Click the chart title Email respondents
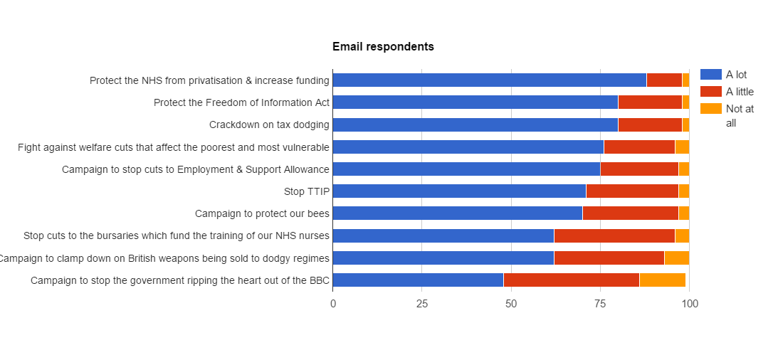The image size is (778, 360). [x=383, y=47]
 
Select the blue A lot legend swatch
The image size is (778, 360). [x=710, y=75]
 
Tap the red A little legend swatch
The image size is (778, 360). [x=710, y=92]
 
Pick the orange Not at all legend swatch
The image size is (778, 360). [x=710, y=109]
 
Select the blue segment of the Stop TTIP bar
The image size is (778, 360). [x=459, y=191]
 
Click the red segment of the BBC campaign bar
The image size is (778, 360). [x=571, y=280]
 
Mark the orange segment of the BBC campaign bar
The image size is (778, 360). [x=662, y=280]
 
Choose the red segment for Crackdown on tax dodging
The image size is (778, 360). [x=650, y=125]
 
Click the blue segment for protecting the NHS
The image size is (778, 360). [x=489, y=80]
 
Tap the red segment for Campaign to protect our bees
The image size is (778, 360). [x=630, y=213]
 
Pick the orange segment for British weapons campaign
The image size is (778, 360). [x=676, y=258]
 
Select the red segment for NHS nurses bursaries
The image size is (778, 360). [x=614, y=235]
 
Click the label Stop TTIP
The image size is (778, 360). [x=306, y=191]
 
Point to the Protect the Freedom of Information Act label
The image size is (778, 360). [x=241, y=102]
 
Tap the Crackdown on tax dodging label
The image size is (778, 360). [x=269, y=125]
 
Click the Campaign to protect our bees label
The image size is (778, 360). [x=262, y=213]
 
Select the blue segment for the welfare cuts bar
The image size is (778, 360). [x=468, y=147]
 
